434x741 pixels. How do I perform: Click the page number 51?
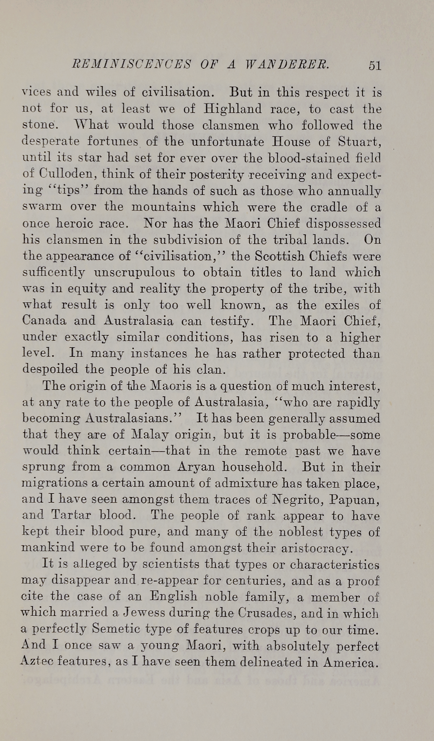point(374,65)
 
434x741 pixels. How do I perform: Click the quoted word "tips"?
point(71,191)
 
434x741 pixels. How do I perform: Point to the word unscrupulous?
point(135,272)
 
